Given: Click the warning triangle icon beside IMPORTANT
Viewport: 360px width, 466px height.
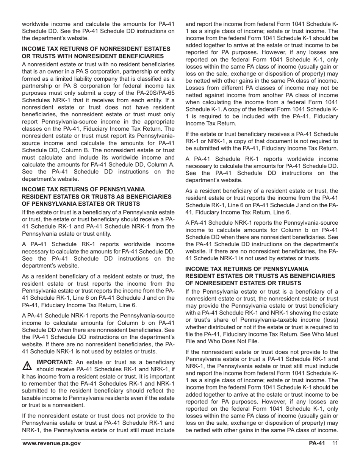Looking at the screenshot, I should coord(27,366).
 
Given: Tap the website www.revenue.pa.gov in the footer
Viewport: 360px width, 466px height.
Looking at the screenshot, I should coord(51,444).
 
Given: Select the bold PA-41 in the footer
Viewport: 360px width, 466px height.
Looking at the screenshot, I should coord(317,444).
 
